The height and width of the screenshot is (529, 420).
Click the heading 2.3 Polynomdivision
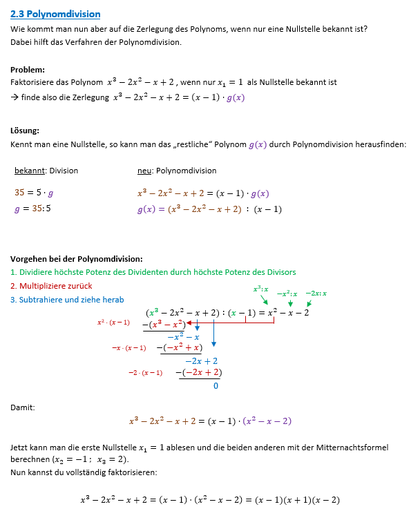(x=56, y=14)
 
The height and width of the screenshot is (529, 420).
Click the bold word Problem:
(x=28, y=69)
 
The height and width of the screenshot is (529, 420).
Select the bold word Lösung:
(x=26, y=131)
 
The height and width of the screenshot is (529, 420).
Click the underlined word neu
(x=144, y=171)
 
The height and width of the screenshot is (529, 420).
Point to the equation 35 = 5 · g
(x=34, y=193)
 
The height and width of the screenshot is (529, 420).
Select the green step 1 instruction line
(x=153, y=271)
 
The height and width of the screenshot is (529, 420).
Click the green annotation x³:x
(x=261, y=289)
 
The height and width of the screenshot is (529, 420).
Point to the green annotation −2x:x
(x=316, y=294)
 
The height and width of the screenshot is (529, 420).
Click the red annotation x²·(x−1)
(x=113, y=323)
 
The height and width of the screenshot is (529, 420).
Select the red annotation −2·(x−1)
(x=145, y=373)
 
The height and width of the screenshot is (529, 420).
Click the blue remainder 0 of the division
(x=216, y=386)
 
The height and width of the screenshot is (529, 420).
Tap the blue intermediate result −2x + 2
(x=202, y=360)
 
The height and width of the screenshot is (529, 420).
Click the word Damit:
(x=22, y=408)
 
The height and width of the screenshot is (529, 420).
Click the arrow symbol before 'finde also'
(x=15, y=97)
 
